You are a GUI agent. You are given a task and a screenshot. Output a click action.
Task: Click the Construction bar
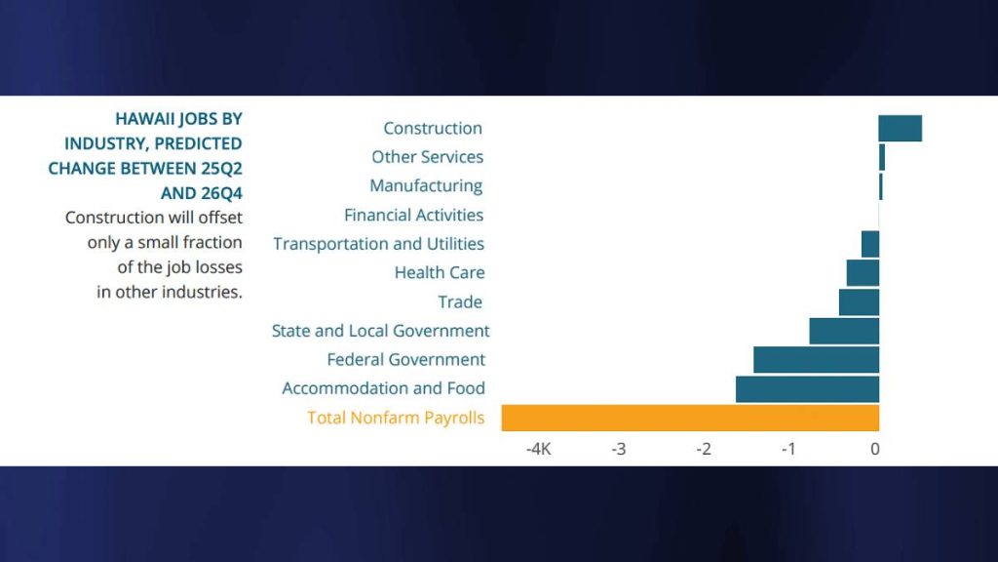coord(900,128)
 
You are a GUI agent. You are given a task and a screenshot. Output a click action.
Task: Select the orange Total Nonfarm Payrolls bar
coord(690,418)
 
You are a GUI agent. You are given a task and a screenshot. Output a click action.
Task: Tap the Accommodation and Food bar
coord(807,388)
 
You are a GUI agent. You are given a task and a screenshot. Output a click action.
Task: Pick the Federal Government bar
coord(816,360)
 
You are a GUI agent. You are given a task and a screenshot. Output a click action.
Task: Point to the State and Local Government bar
coord(844,331)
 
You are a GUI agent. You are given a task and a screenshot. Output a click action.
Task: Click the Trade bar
coord(859,302)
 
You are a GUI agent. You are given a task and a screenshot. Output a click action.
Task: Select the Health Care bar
coord(863,273)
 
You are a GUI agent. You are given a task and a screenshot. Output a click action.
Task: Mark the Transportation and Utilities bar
coord(870,244)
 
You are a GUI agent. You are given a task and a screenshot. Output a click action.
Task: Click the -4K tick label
coord(539,449)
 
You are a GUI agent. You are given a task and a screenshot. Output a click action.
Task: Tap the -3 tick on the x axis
coord(618,449)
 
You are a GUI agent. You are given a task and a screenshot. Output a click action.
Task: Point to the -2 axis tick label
coord(704,449)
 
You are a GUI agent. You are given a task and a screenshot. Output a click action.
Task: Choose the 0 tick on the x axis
coord(875,449)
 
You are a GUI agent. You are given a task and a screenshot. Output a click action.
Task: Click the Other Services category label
coord(427,157)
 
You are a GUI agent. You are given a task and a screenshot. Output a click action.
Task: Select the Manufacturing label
coord(426,185)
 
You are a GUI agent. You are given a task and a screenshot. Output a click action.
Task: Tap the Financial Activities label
coord(413,215)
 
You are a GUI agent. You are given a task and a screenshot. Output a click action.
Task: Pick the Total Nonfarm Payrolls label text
coord(396,418)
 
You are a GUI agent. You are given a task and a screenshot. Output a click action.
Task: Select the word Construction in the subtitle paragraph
coord(108,218)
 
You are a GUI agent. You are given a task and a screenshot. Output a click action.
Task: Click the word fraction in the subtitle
coord(209,242)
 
